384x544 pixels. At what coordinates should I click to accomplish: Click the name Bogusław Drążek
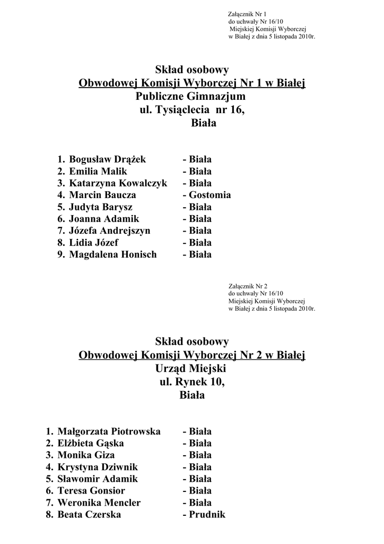107,159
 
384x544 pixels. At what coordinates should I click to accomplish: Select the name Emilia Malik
98,171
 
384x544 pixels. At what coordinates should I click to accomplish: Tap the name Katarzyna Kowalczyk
118,183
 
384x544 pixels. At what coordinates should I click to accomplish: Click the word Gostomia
210,195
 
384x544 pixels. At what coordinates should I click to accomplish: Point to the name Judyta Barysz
101,207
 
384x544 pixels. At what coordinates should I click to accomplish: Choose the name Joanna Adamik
104,219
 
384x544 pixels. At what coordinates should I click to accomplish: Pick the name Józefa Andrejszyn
110,231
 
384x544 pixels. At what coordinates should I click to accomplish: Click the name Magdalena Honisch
113,254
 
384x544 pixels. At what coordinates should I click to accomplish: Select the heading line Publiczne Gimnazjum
191,97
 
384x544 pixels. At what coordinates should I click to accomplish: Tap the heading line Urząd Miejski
191,368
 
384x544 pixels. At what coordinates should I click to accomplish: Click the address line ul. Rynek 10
191,381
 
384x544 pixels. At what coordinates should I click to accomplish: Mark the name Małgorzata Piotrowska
109,431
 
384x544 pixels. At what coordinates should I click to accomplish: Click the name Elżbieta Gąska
91,443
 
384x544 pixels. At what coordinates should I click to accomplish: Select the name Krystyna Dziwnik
98,467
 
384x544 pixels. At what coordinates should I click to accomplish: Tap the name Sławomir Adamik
98,479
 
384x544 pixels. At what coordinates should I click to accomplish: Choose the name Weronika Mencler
99,503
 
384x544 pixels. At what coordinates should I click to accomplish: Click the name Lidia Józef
94,243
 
